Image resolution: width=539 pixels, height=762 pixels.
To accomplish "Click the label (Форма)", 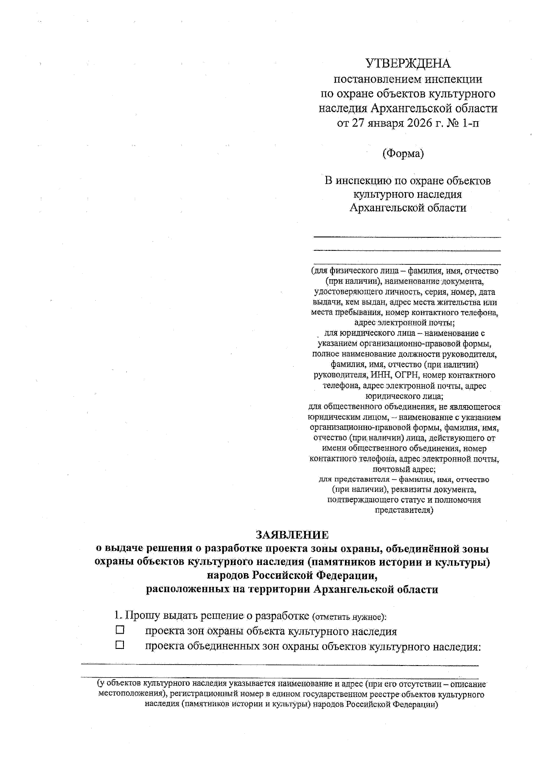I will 403,153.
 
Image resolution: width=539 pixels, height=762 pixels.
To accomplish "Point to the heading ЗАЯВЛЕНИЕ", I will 292,534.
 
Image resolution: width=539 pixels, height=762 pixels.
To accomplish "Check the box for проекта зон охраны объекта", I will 119,630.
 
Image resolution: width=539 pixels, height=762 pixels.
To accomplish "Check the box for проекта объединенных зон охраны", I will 119,646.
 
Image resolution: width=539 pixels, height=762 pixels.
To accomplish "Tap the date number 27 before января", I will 357,123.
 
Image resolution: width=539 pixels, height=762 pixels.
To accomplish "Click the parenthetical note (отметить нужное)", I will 349,616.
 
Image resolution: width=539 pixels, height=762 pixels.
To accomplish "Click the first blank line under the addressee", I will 407,236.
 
